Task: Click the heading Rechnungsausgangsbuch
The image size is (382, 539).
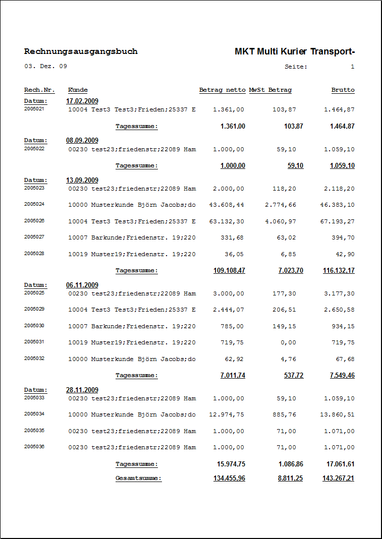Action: [81, 51]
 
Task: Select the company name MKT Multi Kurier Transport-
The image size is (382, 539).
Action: [295, 51]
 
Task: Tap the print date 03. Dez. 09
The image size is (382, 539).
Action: [45, 66]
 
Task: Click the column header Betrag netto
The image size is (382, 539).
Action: [222, 90]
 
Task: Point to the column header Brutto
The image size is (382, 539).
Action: [343, 90]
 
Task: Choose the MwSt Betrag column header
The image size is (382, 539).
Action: [270, 90]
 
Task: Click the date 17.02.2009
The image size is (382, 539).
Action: [82, 101]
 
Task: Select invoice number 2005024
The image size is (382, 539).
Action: [34, 204]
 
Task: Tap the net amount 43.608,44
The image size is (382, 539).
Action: [227, 205]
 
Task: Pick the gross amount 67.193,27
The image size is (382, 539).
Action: [337, 221]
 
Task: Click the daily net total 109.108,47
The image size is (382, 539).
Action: [229, 271]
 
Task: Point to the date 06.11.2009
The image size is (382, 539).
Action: [82, 285]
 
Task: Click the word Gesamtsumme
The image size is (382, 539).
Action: [138, 478]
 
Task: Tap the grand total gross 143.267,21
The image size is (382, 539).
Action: [338, 478]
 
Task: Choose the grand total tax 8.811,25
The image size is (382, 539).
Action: [290, 478]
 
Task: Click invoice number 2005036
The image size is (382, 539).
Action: [34, 447]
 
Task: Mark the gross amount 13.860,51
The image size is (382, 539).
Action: [337, 415]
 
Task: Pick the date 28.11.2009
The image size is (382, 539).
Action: [82, 390]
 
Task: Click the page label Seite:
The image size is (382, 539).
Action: [296, 67]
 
